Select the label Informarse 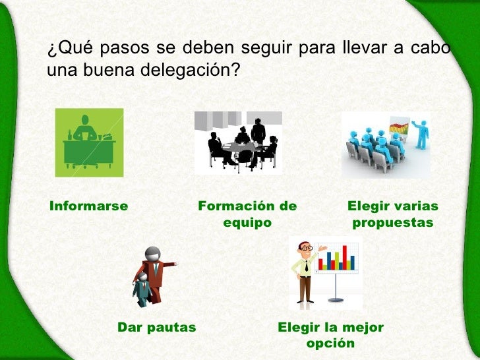coord(88,206)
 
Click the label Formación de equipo coord(247,214)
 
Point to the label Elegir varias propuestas coord(393,214)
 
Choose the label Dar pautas coord(156,327)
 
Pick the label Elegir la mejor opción coord(330,335)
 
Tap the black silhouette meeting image coord(238,142)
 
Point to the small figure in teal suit coord(142,290)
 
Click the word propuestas coord(393,223)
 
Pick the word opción coord(330,344)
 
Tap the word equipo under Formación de coord(247,223)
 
